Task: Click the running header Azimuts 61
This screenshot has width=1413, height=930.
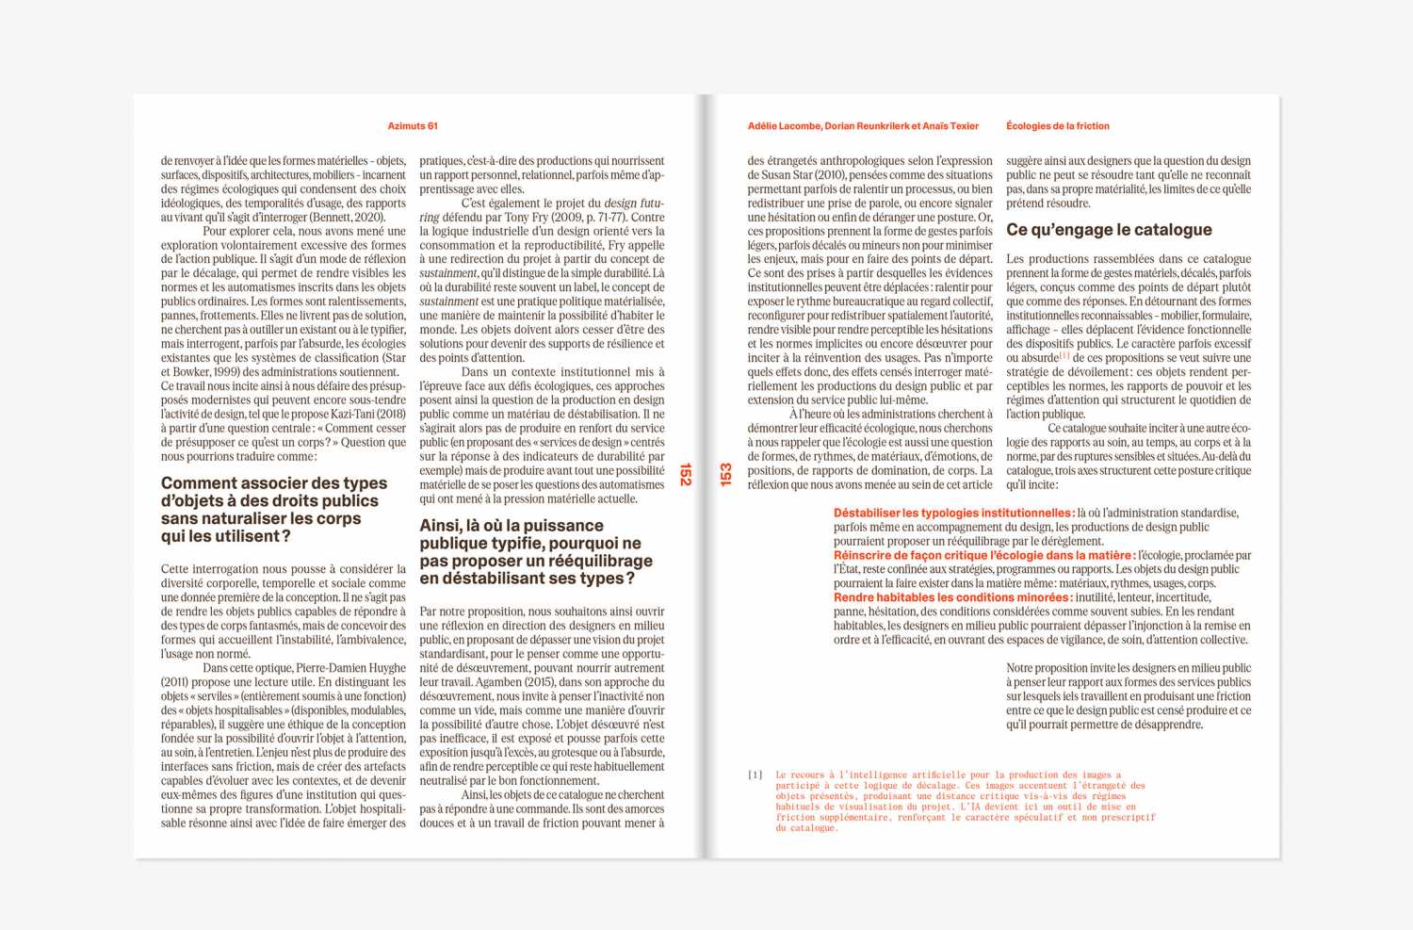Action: [x=413, y=126]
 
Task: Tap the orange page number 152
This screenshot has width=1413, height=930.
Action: [x=686, y=474]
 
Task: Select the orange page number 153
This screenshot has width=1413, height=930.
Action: [x=725, y=474]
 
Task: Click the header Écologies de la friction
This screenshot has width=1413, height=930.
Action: [x=1057, y=126]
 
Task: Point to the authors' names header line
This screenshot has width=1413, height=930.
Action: [x=863, y=126]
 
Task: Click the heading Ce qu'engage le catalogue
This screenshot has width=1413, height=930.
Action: [x=1109, y=230]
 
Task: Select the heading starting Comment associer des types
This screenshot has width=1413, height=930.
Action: [x=274, y=510]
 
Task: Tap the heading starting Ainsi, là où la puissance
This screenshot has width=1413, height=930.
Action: [x=535, y=552]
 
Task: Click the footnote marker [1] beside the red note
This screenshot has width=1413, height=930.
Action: [x=755, y=775]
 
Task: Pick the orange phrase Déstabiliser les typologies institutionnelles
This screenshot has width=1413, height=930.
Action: [x=953, y=514]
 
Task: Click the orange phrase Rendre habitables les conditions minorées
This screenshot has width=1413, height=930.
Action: [x=951, y=597]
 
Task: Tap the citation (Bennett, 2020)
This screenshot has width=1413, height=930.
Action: [x=348, y=217]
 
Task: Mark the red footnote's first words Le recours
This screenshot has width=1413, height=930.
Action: [x=800, y=775]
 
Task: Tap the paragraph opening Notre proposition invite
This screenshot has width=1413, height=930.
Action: [x=1129, y=696]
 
